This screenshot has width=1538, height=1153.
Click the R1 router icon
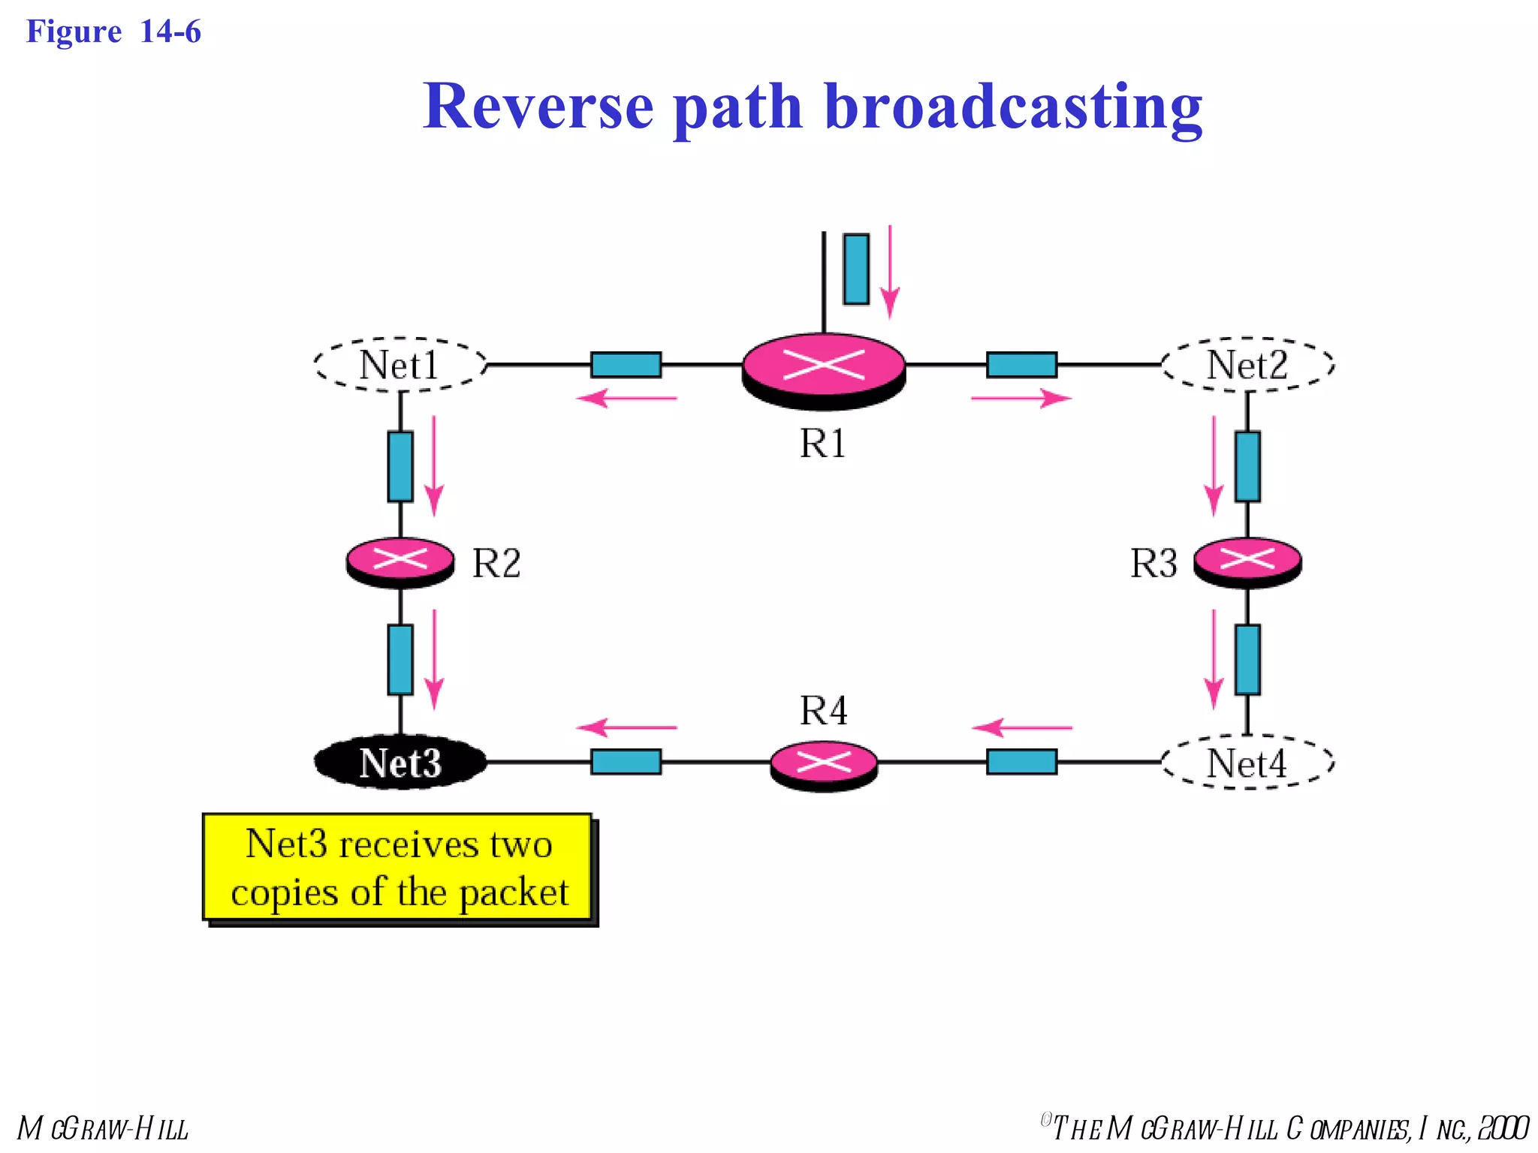[824, 370]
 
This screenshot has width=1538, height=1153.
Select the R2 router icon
[400, 561]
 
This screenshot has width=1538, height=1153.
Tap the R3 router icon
[1247, 561]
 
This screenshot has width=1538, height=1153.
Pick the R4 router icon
[824, 765]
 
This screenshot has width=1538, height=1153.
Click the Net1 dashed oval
[400, 365]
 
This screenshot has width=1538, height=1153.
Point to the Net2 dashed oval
[1247, 365]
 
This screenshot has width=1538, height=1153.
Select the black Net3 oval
[400, 763]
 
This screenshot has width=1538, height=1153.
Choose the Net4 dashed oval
[1247, 763]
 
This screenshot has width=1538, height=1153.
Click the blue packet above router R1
[856, 269]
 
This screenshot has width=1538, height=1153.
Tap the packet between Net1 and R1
[626, 365]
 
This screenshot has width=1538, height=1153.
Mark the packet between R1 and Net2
[1021, 365]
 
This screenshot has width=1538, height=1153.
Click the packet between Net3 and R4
[626, 761]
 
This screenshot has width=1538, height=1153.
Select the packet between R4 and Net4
[1021, 761]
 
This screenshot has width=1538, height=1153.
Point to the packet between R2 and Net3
[400, 659]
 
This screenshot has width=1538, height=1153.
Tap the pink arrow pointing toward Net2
[1021, 398]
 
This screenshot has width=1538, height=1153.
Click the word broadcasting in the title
[1013, 107]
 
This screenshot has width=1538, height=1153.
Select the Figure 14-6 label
[113, 32]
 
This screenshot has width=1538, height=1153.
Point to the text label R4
[823, 710]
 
